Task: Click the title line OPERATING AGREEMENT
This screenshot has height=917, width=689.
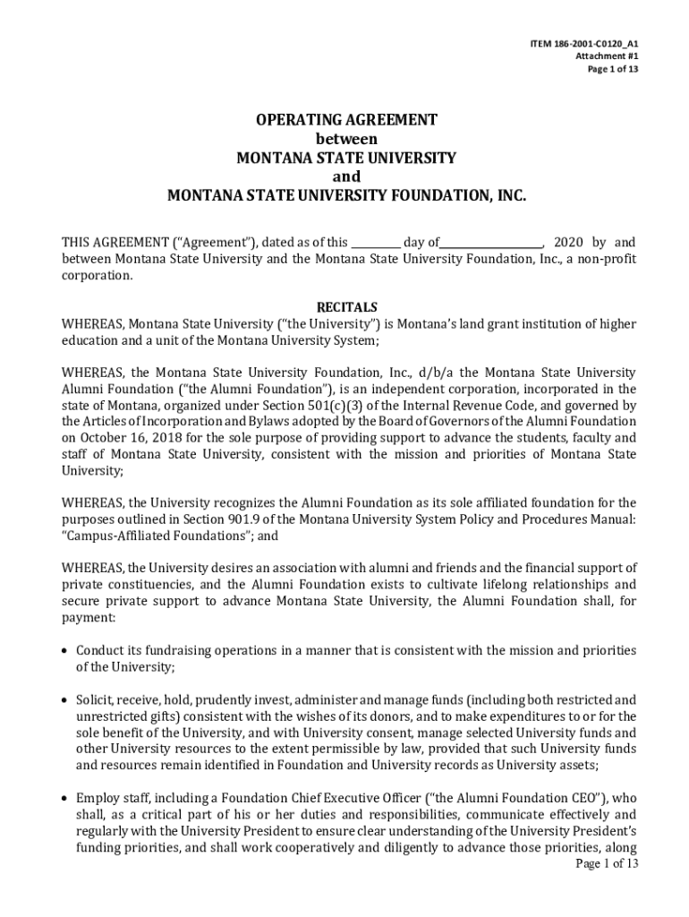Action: pos(347,120)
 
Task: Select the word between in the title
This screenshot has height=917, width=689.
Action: pos(347,139)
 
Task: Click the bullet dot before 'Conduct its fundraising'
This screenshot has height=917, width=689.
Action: pos(65,650)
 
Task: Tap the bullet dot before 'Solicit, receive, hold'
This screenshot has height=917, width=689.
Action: pos(65,699)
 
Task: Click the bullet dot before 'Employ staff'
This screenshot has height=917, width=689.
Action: pos(65,798)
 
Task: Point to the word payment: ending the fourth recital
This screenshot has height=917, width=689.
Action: pos(88,618)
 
